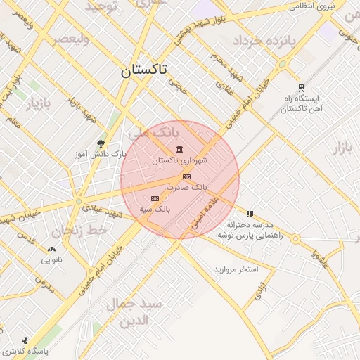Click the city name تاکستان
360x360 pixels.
coord(144,70)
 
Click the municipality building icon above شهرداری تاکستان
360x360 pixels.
coord(180,149)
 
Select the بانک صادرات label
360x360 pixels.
coord(187,188)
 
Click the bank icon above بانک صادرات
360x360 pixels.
coord(186,176)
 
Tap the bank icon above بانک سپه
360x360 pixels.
coord(155,198)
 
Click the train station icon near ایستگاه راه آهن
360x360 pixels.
coord(301,88)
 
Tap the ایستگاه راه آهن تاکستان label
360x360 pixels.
coord(302,104)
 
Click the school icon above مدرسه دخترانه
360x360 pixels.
coord(250,213)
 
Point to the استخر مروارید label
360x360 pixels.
coord(236,270)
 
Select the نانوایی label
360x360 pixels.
coord(51,259)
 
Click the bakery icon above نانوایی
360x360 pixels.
coord(51,249)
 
